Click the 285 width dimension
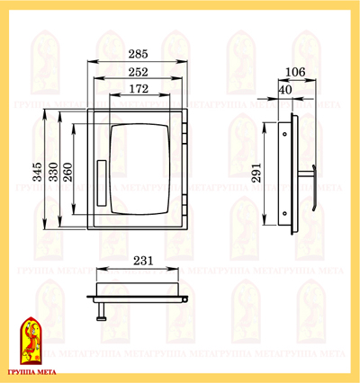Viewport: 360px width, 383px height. (139, 54)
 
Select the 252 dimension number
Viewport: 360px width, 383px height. (139, 72)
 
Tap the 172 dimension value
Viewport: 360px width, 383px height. (139, 89)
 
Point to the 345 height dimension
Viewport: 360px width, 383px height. (38, 172)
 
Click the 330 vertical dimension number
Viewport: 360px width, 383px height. (54, 172)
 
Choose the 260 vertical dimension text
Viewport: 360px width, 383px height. (68, 172)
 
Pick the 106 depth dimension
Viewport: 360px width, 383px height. (295, 72)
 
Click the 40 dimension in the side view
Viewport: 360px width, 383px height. (285, 90)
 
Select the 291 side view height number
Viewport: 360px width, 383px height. (256, 173)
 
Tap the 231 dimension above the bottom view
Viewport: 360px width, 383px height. (143, 261)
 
